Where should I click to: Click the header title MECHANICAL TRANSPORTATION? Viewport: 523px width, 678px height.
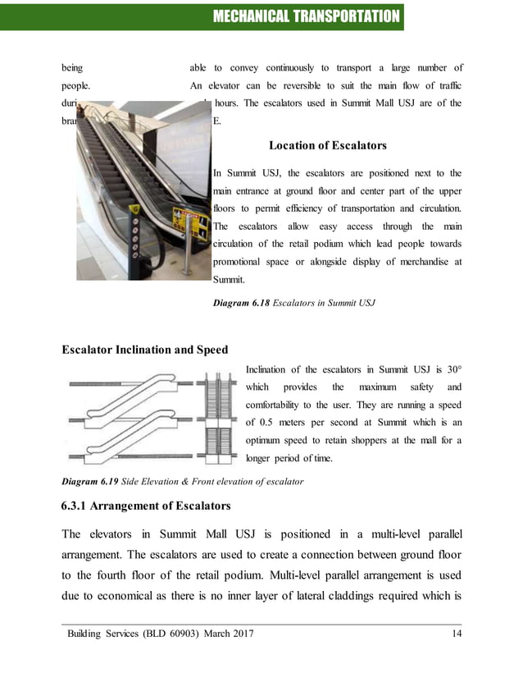coord(304,16)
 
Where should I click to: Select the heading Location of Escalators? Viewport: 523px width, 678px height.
coord(327,146)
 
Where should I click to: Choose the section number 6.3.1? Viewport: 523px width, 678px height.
coord(82,505)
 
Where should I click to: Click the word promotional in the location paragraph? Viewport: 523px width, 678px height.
coord(241,262)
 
